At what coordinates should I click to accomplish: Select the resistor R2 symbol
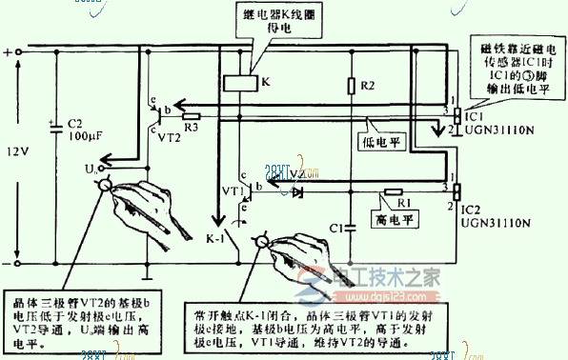[x=351, y=87]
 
